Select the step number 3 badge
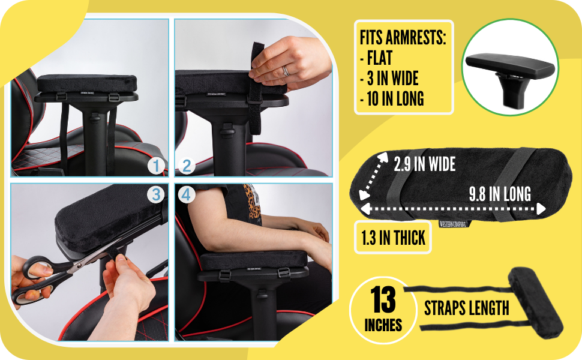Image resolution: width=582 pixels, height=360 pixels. pos(155,195)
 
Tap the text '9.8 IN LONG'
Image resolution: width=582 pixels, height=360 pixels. pos(499,194)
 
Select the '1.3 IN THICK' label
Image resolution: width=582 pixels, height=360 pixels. pos(393,238)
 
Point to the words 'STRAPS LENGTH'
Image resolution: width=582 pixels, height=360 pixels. pos(466,308)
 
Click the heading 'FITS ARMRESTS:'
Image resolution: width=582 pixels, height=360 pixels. pos(402,38)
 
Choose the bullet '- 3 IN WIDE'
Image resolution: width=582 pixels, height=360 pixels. pos(389,78)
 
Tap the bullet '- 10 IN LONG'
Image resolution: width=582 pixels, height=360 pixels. pos(392,98)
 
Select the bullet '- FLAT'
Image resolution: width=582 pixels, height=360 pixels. pos(376,58)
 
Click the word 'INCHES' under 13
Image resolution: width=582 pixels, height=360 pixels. pos(383,326)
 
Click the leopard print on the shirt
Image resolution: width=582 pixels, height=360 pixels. pos(253,203)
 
